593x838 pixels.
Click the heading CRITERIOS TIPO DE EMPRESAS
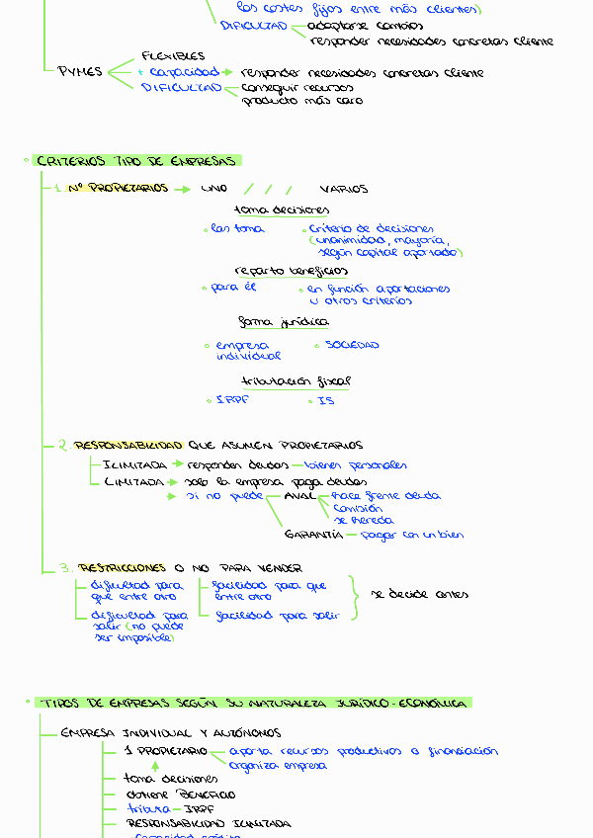[x=136, y=161]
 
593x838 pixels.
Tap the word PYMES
[x=80, y=72]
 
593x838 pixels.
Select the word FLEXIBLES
[x=173, y=56]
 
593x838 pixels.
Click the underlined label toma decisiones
[x=282, y=209]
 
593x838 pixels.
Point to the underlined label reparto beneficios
[x=291, y=270]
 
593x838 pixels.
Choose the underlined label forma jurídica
[x=284, y=322]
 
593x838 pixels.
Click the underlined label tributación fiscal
[x=296, y=380]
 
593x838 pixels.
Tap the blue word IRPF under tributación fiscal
[x=233, y=401]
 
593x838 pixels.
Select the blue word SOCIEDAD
[x=352, y=345]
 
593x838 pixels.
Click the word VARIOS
[x=343, y=189]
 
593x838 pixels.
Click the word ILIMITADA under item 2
[x=134, y=464]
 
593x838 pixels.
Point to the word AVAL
[x=298, y=496]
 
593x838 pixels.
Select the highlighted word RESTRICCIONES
[x=123, y=568]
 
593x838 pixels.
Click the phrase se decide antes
[x=419, y=594]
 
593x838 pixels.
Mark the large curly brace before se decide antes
[x=353, y=596]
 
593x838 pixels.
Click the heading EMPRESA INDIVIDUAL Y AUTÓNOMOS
[x=170, y=733]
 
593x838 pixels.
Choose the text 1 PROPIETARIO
[x=165, y=751]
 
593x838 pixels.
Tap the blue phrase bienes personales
[x=355, y=464]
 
